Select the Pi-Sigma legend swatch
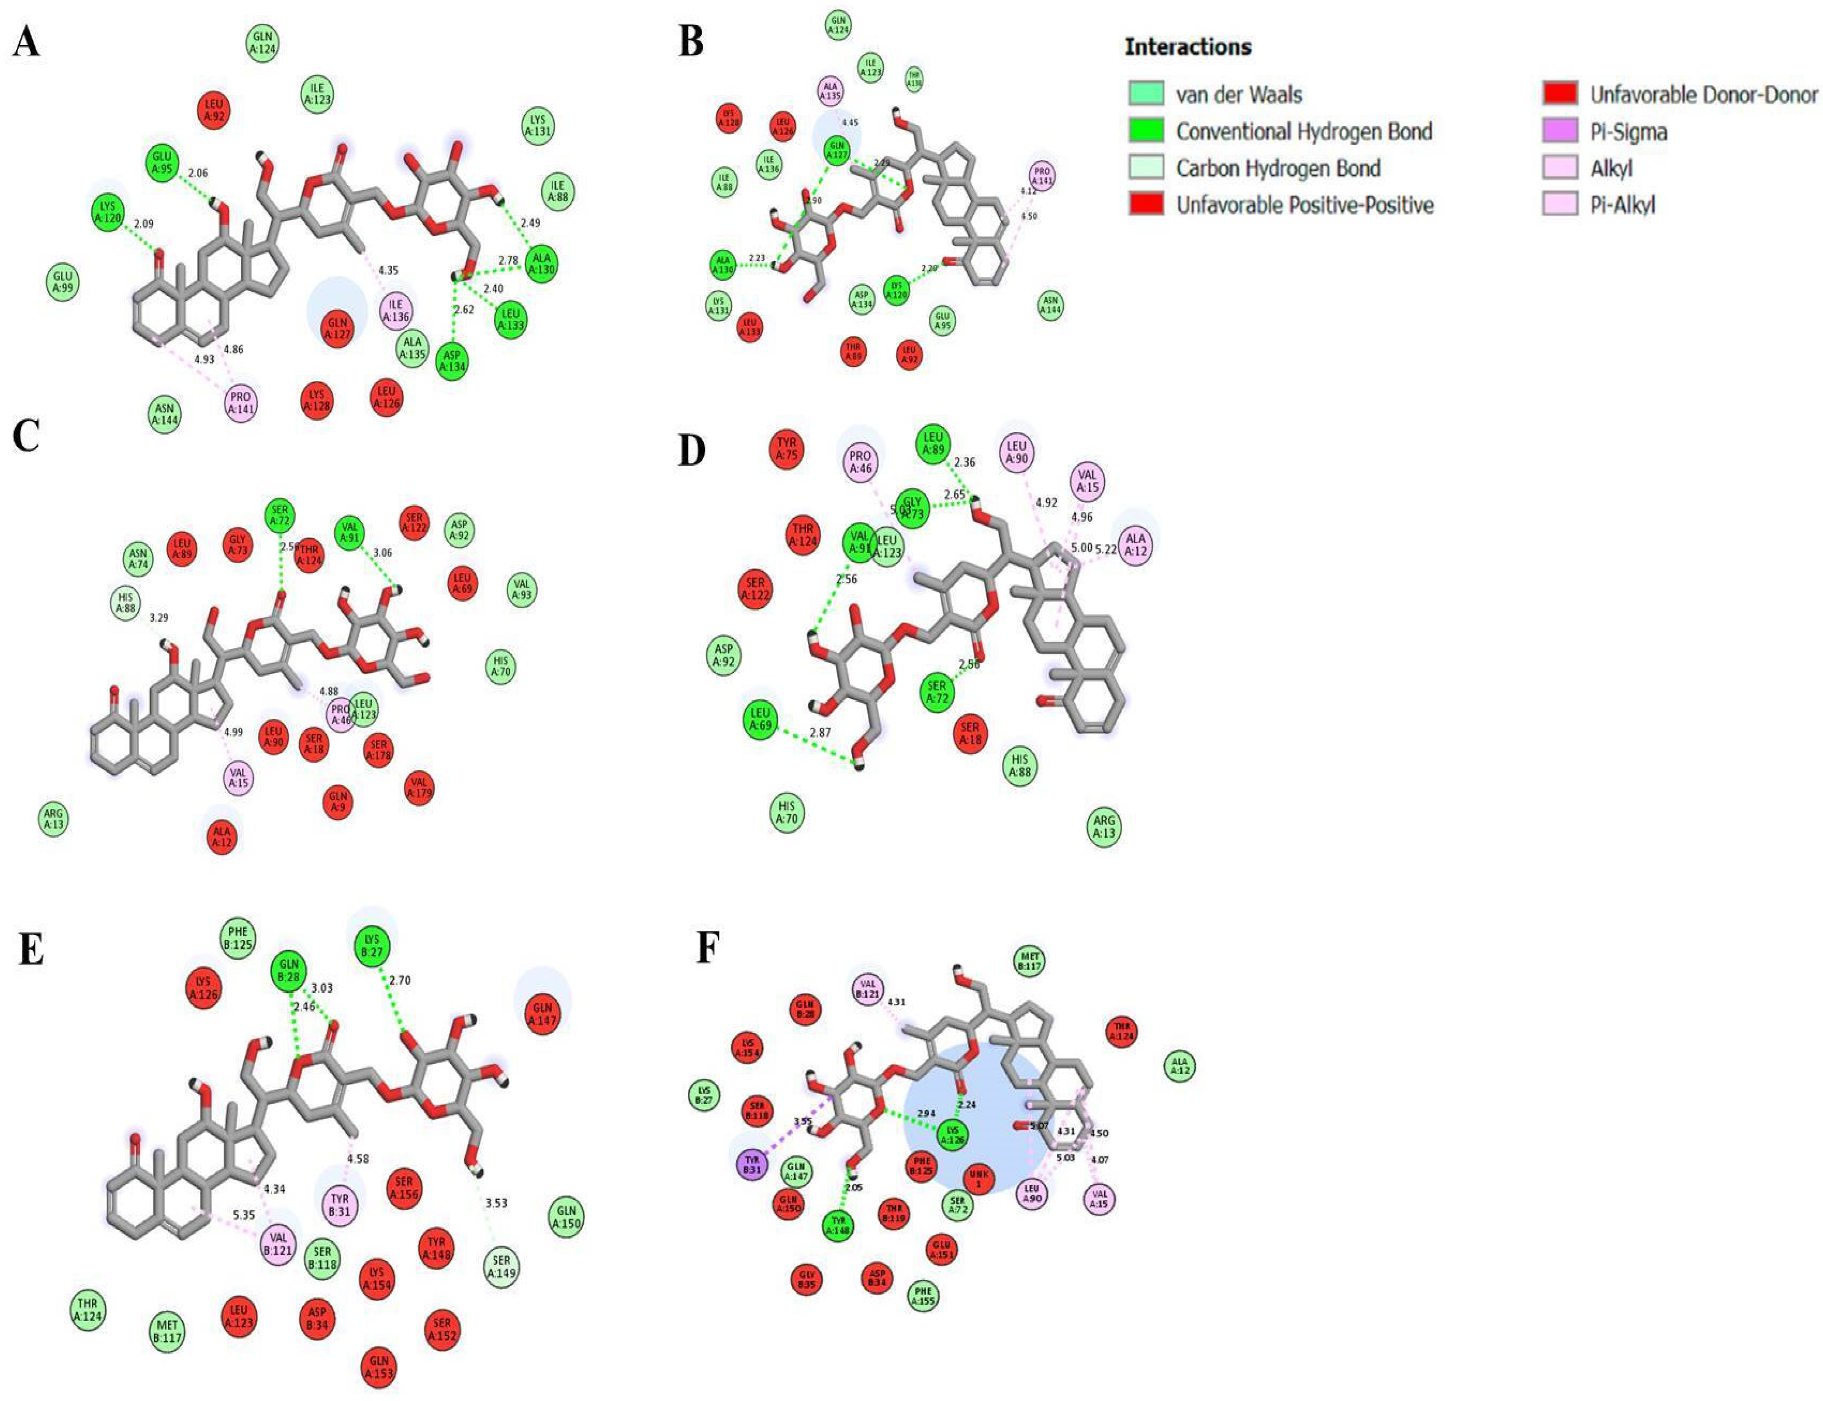pos(1559,131)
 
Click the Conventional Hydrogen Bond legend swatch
pos(1146,131)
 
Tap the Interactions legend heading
pos(1188,47)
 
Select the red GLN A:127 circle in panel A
pos(337,328)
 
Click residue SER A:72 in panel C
pos(280,517)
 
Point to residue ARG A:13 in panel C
pos(54,820)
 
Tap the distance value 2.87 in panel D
pos(820,732)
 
